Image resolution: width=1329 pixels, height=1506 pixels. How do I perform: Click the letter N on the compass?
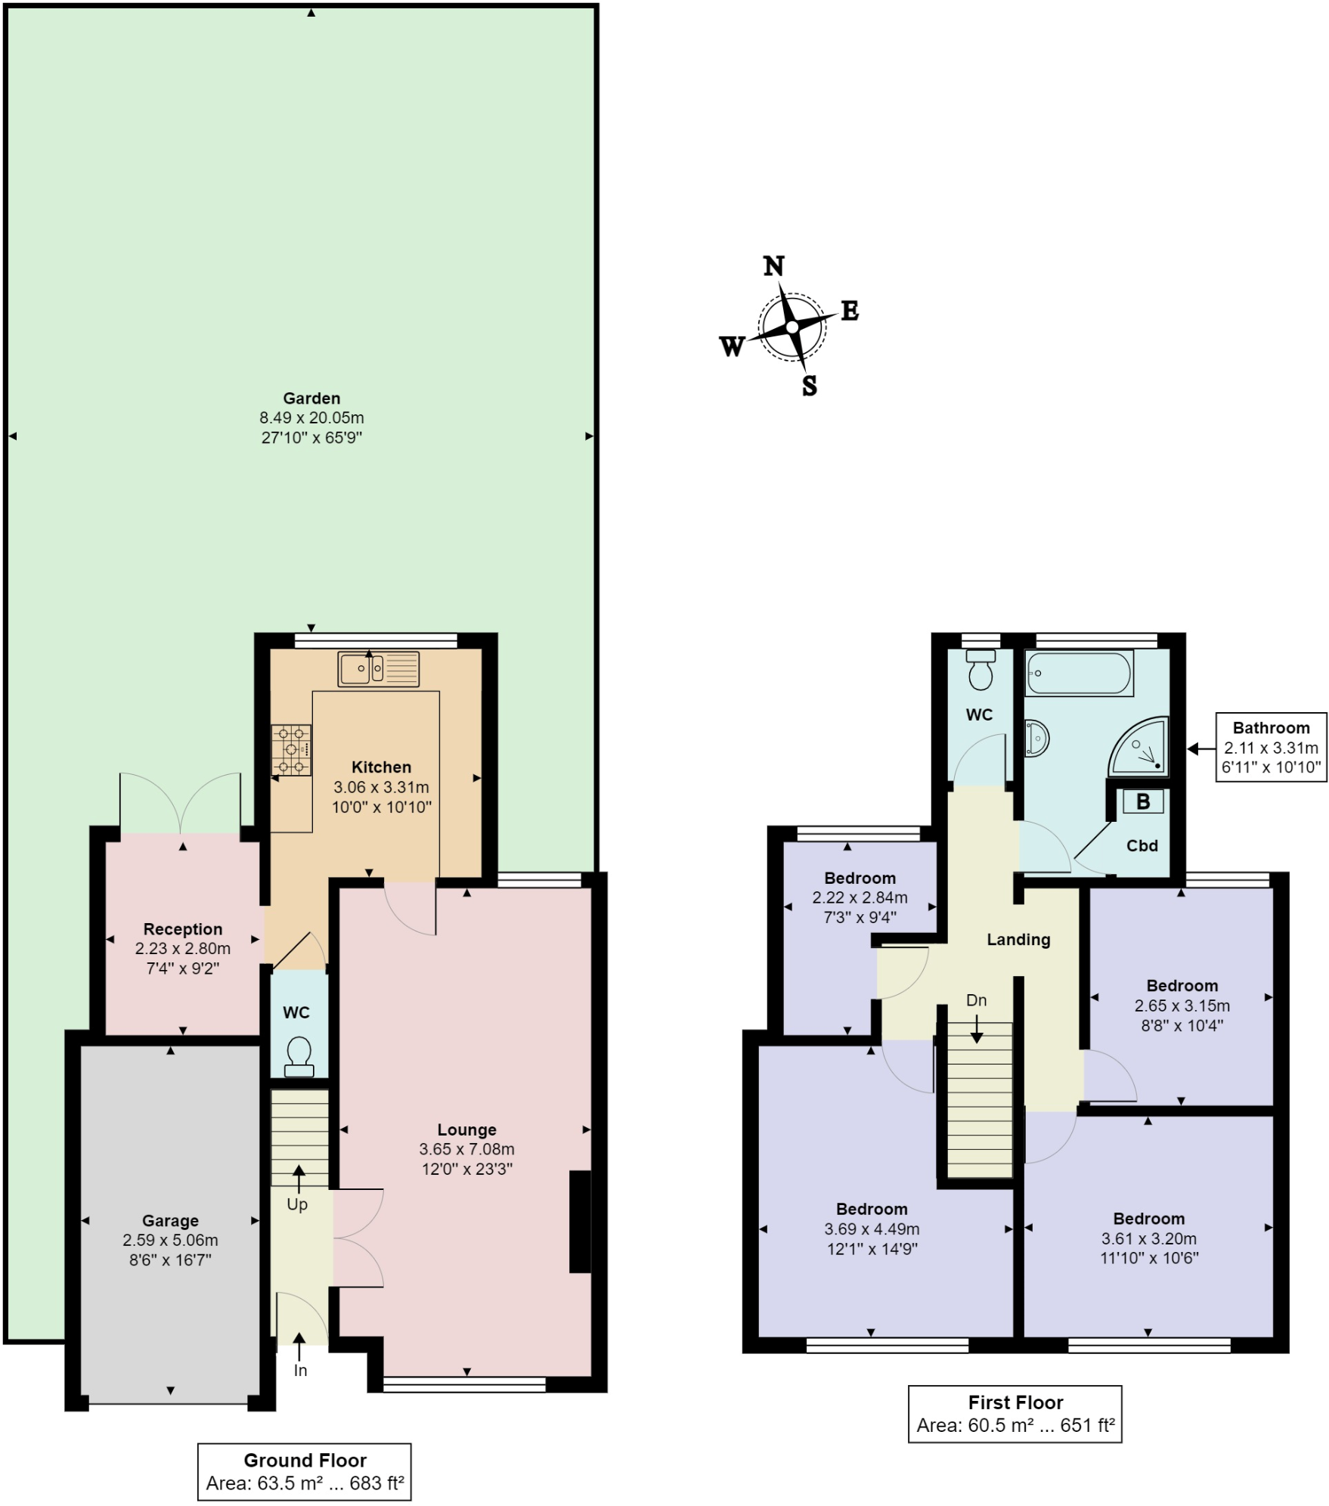pyautogui.click(x=773, y=266)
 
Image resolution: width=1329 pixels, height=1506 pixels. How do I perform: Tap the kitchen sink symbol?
pyautogui.click(x=378, y=668)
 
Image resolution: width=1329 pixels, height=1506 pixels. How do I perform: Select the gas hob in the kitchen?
pyautogui.click(x=292, y=750)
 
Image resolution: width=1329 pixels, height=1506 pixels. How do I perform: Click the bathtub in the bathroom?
pyautogui.click(x=1079, y=673)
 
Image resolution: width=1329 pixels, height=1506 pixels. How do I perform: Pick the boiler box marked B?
pyautogui.click(x=1142, y=801)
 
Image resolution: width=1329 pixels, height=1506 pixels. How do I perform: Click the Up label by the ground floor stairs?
pyautogui.click(x=297, y=1204)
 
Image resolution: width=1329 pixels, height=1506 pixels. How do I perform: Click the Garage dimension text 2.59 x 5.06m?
pyautogui.click(x=170, y=1240)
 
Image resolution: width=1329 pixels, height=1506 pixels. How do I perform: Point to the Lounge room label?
pyautogui.click(x=466, y=1129)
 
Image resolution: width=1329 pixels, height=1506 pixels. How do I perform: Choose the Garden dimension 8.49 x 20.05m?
pyautogui.click(x=311, y=417)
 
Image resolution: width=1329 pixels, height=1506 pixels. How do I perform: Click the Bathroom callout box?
pyautogui.click(x=1270, y=748)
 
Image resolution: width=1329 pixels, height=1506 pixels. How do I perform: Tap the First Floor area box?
pyautogui.click(x=1015, y=1414)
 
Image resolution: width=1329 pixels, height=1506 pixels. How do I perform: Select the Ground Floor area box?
pyautogui.click(x=305, y=1471)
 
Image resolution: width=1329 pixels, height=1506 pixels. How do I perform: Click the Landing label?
pyautogui.click(x=1018, y=940)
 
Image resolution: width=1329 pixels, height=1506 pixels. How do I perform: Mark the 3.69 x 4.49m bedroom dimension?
pyautogui.click(x=872, y=1229)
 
